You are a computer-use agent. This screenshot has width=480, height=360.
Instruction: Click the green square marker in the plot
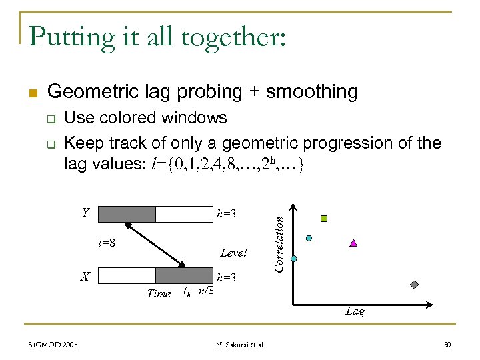click(324, 219)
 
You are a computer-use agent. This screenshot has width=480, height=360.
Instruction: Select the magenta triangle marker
click(353, 243)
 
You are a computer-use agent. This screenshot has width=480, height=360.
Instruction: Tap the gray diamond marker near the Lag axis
click(414, 285)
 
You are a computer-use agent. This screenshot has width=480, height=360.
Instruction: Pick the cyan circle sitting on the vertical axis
click(293, 258)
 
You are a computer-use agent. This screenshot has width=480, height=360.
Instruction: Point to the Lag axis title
click(355, 311)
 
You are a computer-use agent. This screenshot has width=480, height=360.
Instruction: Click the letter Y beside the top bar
click(85, 213)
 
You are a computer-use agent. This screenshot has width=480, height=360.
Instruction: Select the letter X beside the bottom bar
click(85, 275)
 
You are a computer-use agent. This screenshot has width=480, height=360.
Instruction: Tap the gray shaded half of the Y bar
click(127, 214)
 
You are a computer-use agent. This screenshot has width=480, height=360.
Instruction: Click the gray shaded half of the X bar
click(183, 275)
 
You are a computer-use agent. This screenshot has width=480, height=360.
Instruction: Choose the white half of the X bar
click(127, 275)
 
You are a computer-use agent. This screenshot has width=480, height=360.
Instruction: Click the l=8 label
click(107, 243)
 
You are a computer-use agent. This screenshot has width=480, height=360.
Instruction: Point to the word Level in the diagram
click(233, 253)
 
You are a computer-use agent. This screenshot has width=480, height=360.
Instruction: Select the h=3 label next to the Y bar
click(227, 214)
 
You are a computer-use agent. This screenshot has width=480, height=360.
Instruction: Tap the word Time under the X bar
click(159, 293)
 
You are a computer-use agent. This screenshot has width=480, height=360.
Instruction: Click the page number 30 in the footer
click(447, 345)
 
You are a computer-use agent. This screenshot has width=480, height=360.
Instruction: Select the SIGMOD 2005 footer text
click(53, 345)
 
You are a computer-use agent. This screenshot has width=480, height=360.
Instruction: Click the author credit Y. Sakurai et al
click(240, 345)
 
